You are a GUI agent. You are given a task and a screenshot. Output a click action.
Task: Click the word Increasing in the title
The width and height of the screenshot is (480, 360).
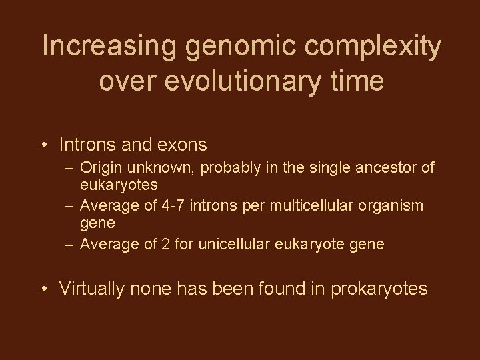[101, 47]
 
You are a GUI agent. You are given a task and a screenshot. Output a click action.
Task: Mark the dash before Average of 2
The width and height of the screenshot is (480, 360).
[69, 243]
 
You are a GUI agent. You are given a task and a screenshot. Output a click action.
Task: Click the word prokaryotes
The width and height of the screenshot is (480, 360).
[375, 289]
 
